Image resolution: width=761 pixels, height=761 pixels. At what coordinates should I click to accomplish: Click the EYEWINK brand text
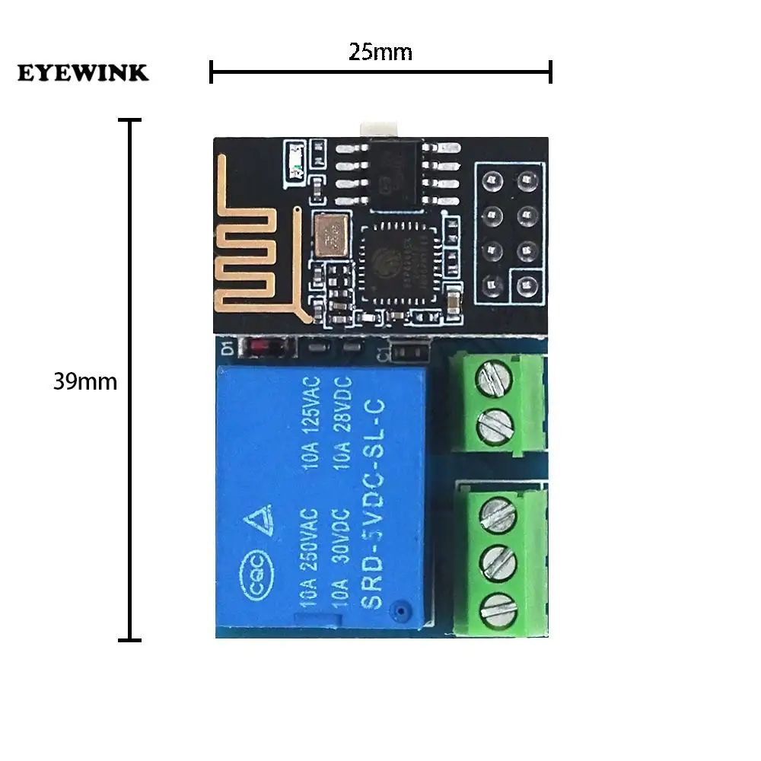84,73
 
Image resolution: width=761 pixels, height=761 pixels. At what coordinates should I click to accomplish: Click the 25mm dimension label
380,52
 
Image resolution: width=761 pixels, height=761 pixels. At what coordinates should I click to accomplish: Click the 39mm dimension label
85,381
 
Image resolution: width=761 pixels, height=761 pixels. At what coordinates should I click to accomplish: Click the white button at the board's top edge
377,126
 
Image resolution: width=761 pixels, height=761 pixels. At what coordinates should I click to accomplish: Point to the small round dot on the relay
396,610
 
